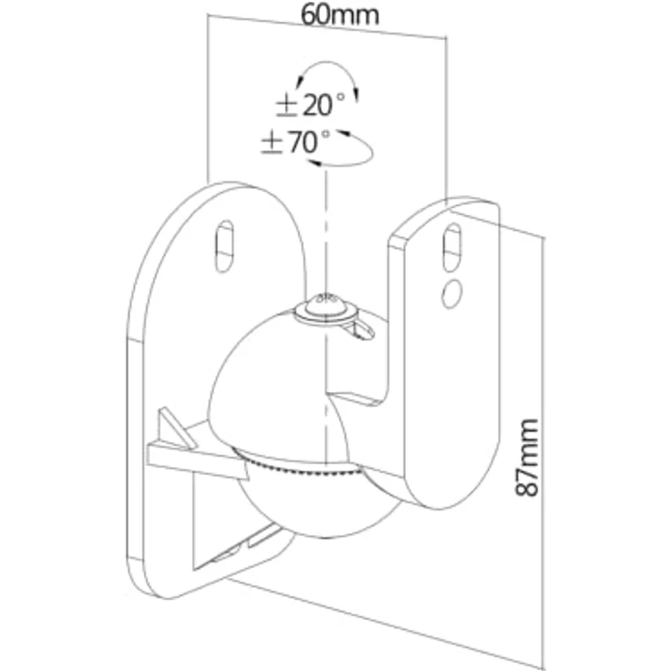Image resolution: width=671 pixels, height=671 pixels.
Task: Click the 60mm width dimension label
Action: pyautogui.click(x=340, y=15)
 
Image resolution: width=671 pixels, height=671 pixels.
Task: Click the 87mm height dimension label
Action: pyautogui.click(x=526, y=458)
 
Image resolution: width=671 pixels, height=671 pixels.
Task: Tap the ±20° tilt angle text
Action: pyautogui.click(x=310, y=105)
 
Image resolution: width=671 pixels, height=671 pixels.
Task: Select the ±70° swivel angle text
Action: pyautogui.click(x=295, y=142)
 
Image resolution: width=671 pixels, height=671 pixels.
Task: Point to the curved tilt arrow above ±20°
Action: pyautogui.click(x=327, y=63)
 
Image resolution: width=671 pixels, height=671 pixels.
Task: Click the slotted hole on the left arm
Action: pyautogui.click(x=223, y=246)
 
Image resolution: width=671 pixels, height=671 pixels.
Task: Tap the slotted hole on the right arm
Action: pyautogui.click(x=452, y=247)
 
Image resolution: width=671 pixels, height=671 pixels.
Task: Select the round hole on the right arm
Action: pyautogui.click(x=451, y=294)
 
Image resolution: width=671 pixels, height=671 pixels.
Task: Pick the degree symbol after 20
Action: pyautogui.click(x=340, y=97)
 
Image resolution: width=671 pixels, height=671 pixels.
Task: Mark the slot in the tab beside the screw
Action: pyautogui.click(x=363, y=329)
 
